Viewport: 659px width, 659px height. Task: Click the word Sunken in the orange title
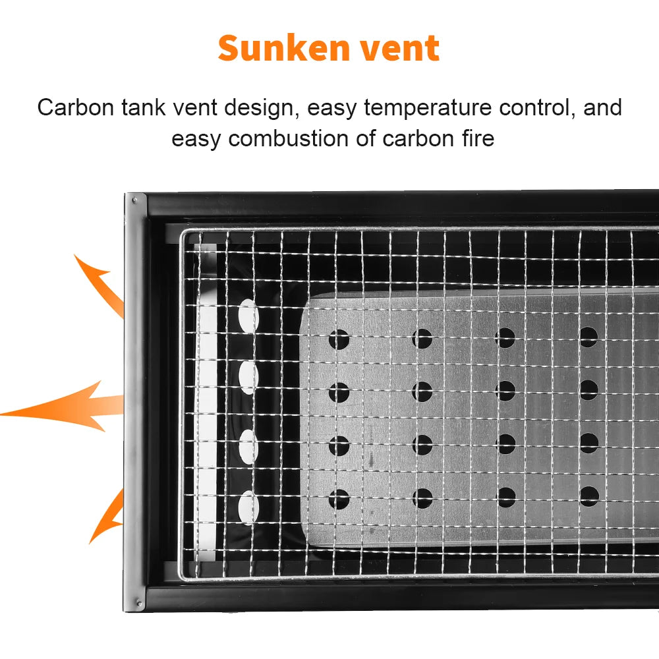(x=283, y=48)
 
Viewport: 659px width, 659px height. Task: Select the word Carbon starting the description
(x=76, y=107)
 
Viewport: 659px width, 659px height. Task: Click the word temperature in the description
(x=428, y=108)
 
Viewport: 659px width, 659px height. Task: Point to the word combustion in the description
(x=289, y=138)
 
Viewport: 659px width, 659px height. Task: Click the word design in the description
(x=258, y=108)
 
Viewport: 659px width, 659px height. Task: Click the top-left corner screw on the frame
(x=134, y=200)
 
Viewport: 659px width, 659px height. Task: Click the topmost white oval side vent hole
(x=248, y=315)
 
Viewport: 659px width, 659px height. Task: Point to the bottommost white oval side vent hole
(x=248, y=508)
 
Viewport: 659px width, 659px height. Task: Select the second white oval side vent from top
(x=248, y=378)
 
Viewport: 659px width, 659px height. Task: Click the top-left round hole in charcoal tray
(x=339, y=339)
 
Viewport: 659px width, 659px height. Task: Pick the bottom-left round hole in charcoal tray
(x=339, y=499)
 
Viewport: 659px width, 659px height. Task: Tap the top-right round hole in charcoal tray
(x=588, y=337)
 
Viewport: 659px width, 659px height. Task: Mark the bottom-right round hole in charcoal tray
(x=589, y=496)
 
